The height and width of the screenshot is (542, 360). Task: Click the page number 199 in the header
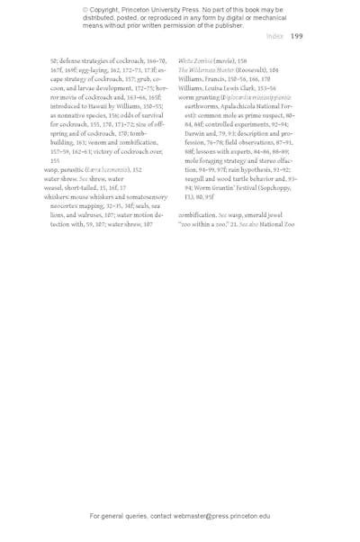(296, 37)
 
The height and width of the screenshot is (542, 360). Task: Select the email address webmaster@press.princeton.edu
(211, 517)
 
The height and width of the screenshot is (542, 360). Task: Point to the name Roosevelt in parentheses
(248, 69)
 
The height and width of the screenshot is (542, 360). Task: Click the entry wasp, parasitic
(67, 169)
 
